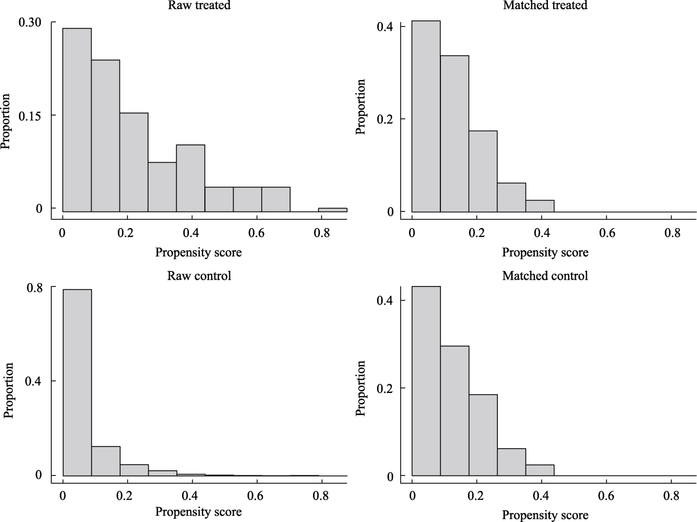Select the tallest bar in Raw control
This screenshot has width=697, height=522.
[x=76, y=382]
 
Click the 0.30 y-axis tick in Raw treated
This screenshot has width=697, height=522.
[x=30, y=22]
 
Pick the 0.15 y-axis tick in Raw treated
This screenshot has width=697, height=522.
[x=30, y=115]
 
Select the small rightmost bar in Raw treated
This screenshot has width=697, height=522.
[x=332, y=210]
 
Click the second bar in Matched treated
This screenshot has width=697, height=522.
[x=454, y=134]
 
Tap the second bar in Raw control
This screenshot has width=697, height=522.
[x=105, y=461]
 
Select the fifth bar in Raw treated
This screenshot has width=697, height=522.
[x=190, y=178]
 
